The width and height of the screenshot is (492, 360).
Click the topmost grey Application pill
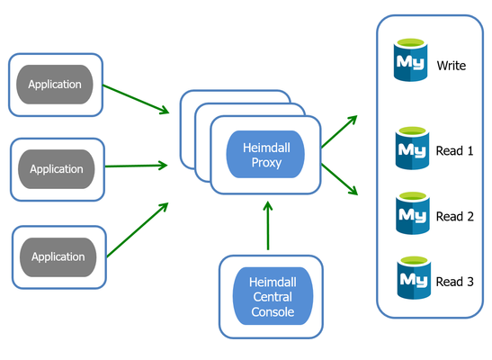(x=55, y=85)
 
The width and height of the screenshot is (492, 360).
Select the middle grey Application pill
(x=57, y=169)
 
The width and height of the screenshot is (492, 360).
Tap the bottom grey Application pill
(x=58, y=257)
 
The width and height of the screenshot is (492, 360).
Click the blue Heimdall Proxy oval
(x=265, y=155)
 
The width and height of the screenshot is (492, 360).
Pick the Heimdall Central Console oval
(x=273, y=296)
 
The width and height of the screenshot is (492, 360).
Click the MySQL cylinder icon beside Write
(x=410, y=59)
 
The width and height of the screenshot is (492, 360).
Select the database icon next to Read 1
(x=412, y=148)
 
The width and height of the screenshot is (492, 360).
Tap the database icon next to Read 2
(x=413, y=213)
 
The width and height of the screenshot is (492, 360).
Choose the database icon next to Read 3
(x=414, y=278)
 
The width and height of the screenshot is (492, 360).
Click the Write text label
(x=452, y=66)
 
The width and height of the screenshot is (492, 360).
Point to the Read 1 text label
(x=454, y=151)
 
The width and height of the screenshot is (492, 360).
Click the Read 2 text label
(x=455, y=217)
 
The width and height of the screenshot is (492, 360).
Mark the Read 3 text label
(x=455, y=282)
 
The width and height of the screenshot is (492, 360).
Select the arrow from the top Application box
(x=136, y=99)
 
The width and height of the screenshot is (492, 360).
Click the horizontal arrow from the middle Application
(x=136, y=166)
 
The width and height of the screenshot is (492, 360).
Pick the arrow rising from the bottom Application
(x=138, y=230)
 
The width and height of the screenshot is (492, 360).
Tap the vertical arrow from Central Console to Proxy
(x=268, y=226)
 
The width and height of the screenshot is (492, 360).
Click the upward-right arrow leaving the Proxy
(x=339, y=131)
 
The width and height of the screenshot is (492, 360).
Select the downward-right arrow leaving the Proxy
(x=339, y=179)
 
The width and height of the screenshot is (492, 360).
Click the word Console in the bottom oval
(x=273, y=312)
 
